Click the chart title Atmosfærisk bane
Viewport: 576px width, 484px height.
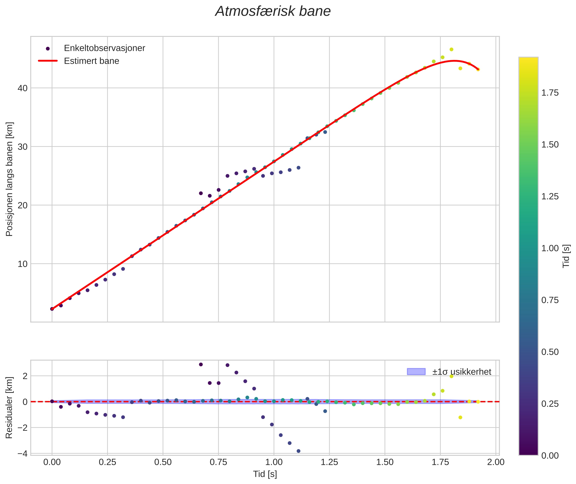click(x=273, y=11)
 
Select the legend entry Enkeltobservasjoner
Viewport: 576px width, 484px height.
click(x=104, y=48)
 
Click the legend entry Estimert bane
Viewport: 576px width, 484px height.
click(x=91, y=61)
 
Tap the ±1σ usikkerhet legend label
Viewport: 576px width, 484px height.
click(x=462, y=372)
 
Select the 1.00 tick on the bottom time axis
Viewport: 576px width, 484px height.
click(x=274, y=462)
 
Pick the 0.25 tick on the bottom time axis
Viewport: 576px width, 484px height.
click(x=107, y=462)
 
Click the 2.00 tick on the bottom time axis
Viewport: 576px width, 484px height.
click(x=496, y=462)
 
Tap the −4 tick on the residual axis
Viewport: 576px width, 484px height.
click(x=22, y=454)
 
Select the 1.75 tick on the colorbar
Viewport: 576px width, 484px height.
click(x=550, y=93)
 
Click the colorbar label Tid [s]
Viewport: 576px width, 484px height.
click(x=566, y=256)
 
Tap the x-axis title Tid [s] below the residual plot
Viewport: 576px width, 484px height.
click(x=265, y=474)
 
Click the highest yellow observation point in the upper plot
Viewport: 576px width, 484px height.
click(x=451, y=49)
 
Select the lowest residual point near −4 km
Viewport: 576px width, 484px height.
click(x=298, y=451)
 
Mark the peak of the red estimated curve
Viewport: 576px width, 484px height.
click(x=454, y=61)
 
